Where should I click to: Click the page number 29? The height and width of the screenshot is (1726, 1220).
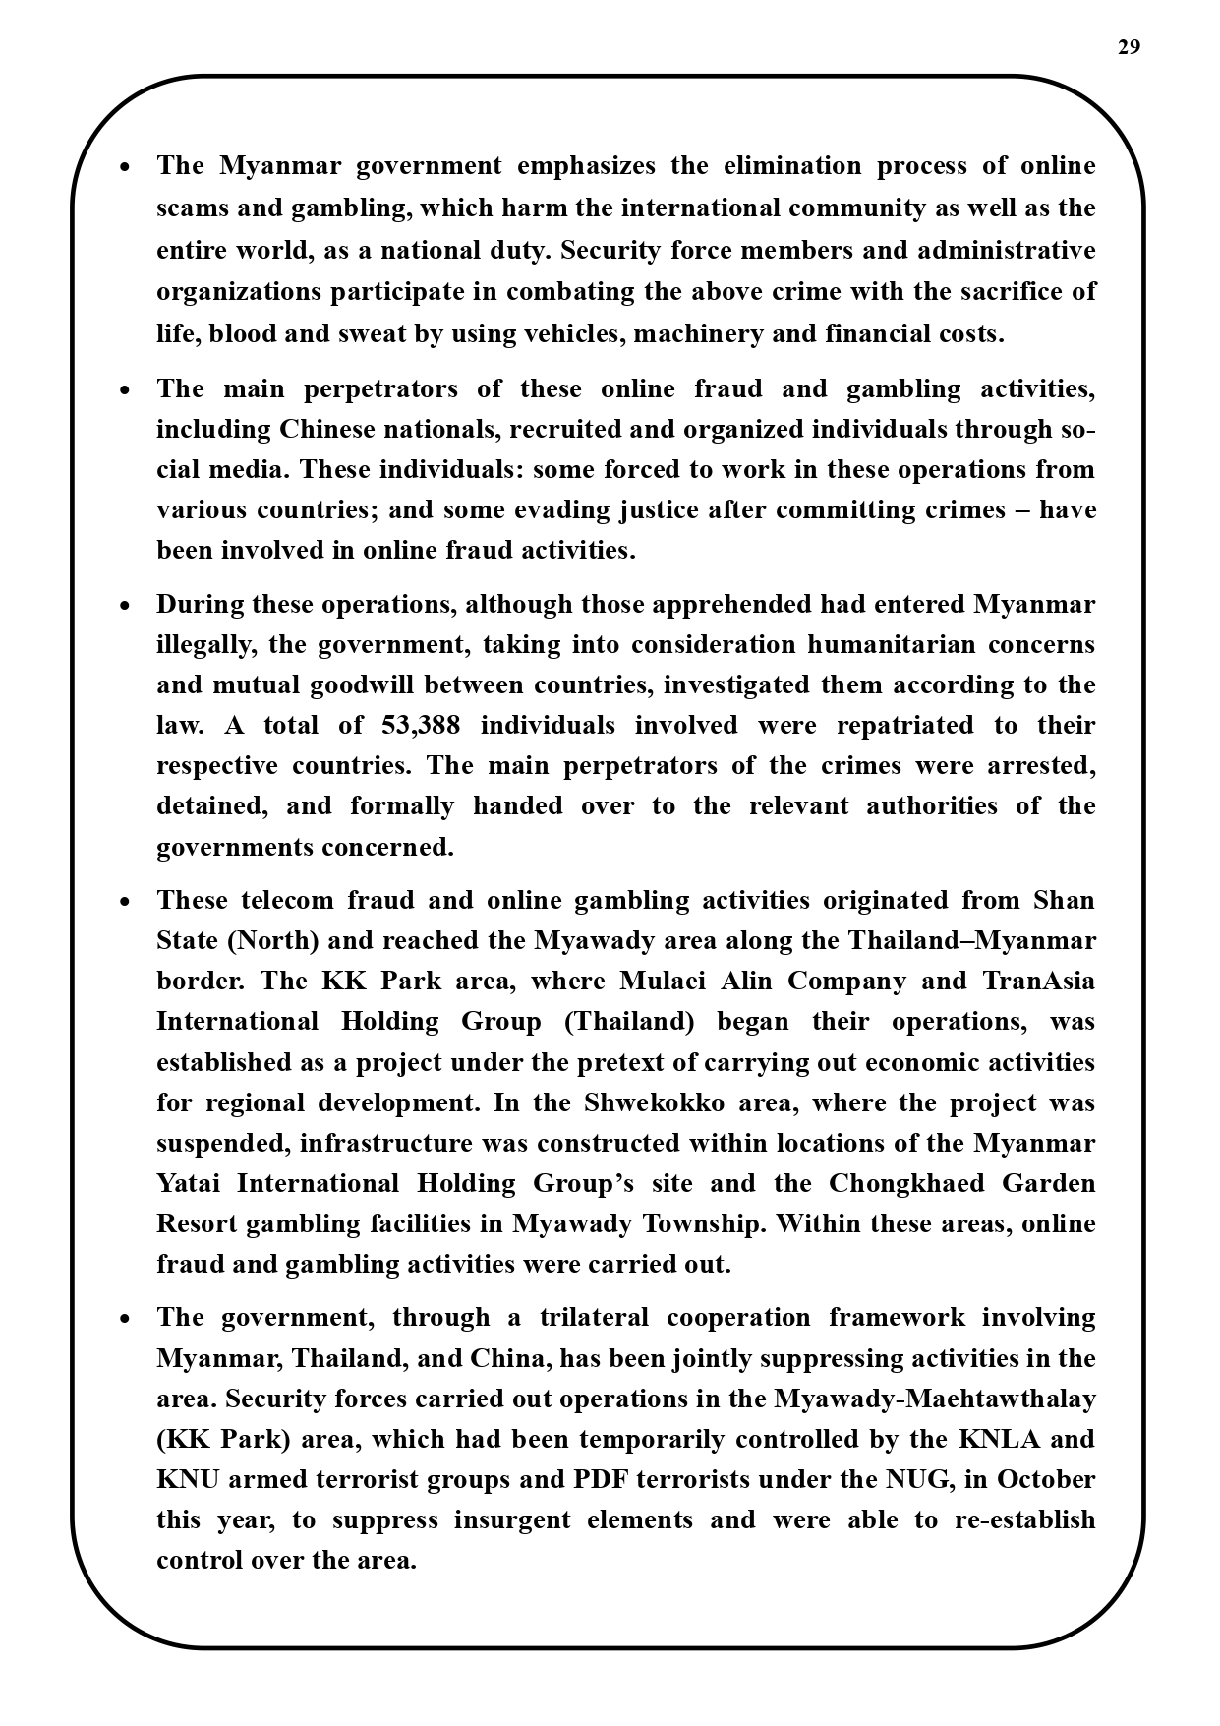pos(1129,47)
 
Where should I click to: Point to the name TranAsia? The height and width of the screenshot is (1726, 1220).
pos(1038,982)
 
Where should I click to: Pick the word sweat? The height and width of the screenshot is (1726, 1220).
pos(372,334)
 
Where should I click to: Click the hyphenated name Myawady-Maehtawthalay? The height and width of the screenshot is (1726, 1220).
pos(934,1399)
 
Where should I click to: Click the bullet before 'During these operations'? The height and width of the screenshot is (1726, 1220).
pos(125,606)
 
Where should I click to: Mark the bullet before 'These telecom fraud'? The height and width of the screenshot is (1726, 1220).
pos(125,902)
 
